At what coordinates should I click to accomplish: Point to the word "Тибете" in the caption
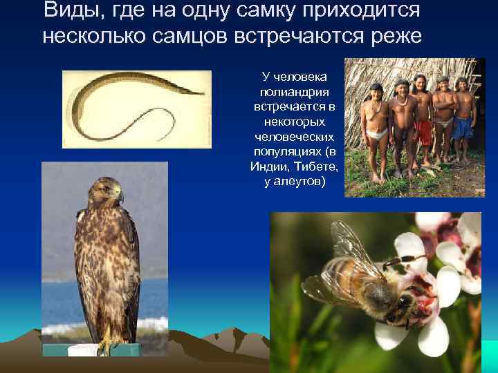pyautogui.click(x=317, y=166)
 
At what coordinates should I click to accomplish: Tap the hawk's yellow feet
pyautogui.click(x=105, y=345)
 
